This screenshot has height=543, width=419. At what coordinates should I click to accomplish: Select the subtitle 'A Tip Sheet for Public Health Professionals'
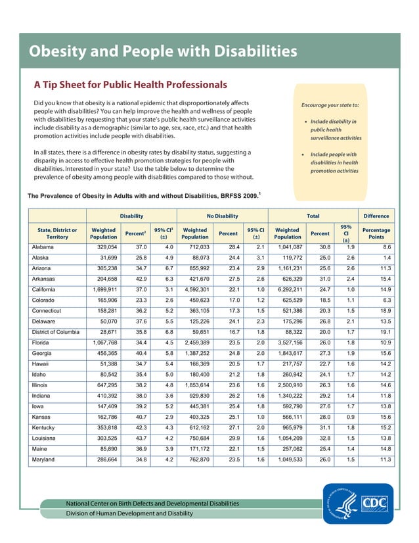pyautogui.click(x=130, y=85)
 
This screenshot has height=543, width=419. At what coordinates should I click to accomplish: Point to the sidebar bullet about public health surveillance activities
pyautogui.click(x=335, y=130)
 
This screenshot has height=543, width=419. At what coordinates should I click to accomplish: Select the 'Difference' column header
pyautogui.click(x=376, y=216)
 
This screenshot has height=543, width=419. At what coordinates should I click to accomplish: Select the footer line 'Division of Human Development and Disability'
pyautogui.click(x=129, y=513)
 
